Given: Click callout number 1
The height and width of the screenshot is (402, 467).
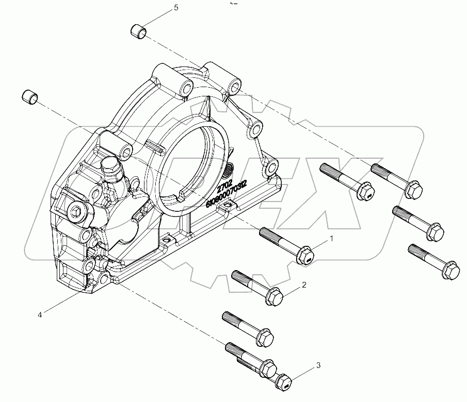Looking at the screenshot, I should tap(332, 239).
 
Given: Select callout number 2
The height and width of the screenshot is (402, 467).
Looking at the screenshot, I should tap(305, 284).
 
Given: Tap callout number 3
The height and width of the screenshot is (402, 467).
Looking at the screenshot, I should tap(318, 365).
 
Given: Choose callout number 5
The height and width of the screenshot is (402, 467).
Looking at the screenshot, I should tap(176, 8).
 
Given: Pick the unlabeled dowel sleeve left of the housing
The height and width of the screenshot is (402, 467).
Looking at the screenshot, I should tap(30, 96).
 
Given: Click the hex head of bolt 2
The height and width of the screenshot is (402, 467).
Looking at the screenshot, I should tap(272, 296).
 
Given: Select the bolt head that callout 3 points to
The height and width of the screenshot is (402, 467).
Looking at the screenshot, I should tap(284, 382).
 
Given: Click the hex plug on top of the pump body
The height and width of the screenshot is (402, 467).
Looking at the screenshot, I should tap(111, 165).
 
